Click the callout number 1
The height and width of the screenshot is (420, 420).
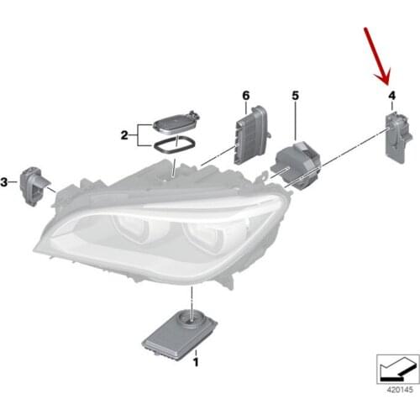coord(196,363)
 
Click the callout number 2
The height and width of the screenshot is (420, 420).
coord(124,134)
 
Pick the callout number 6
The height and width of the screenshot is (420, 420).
coord(246,97)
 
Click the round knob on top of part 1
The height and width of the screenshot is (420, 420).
coord(192,317)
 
